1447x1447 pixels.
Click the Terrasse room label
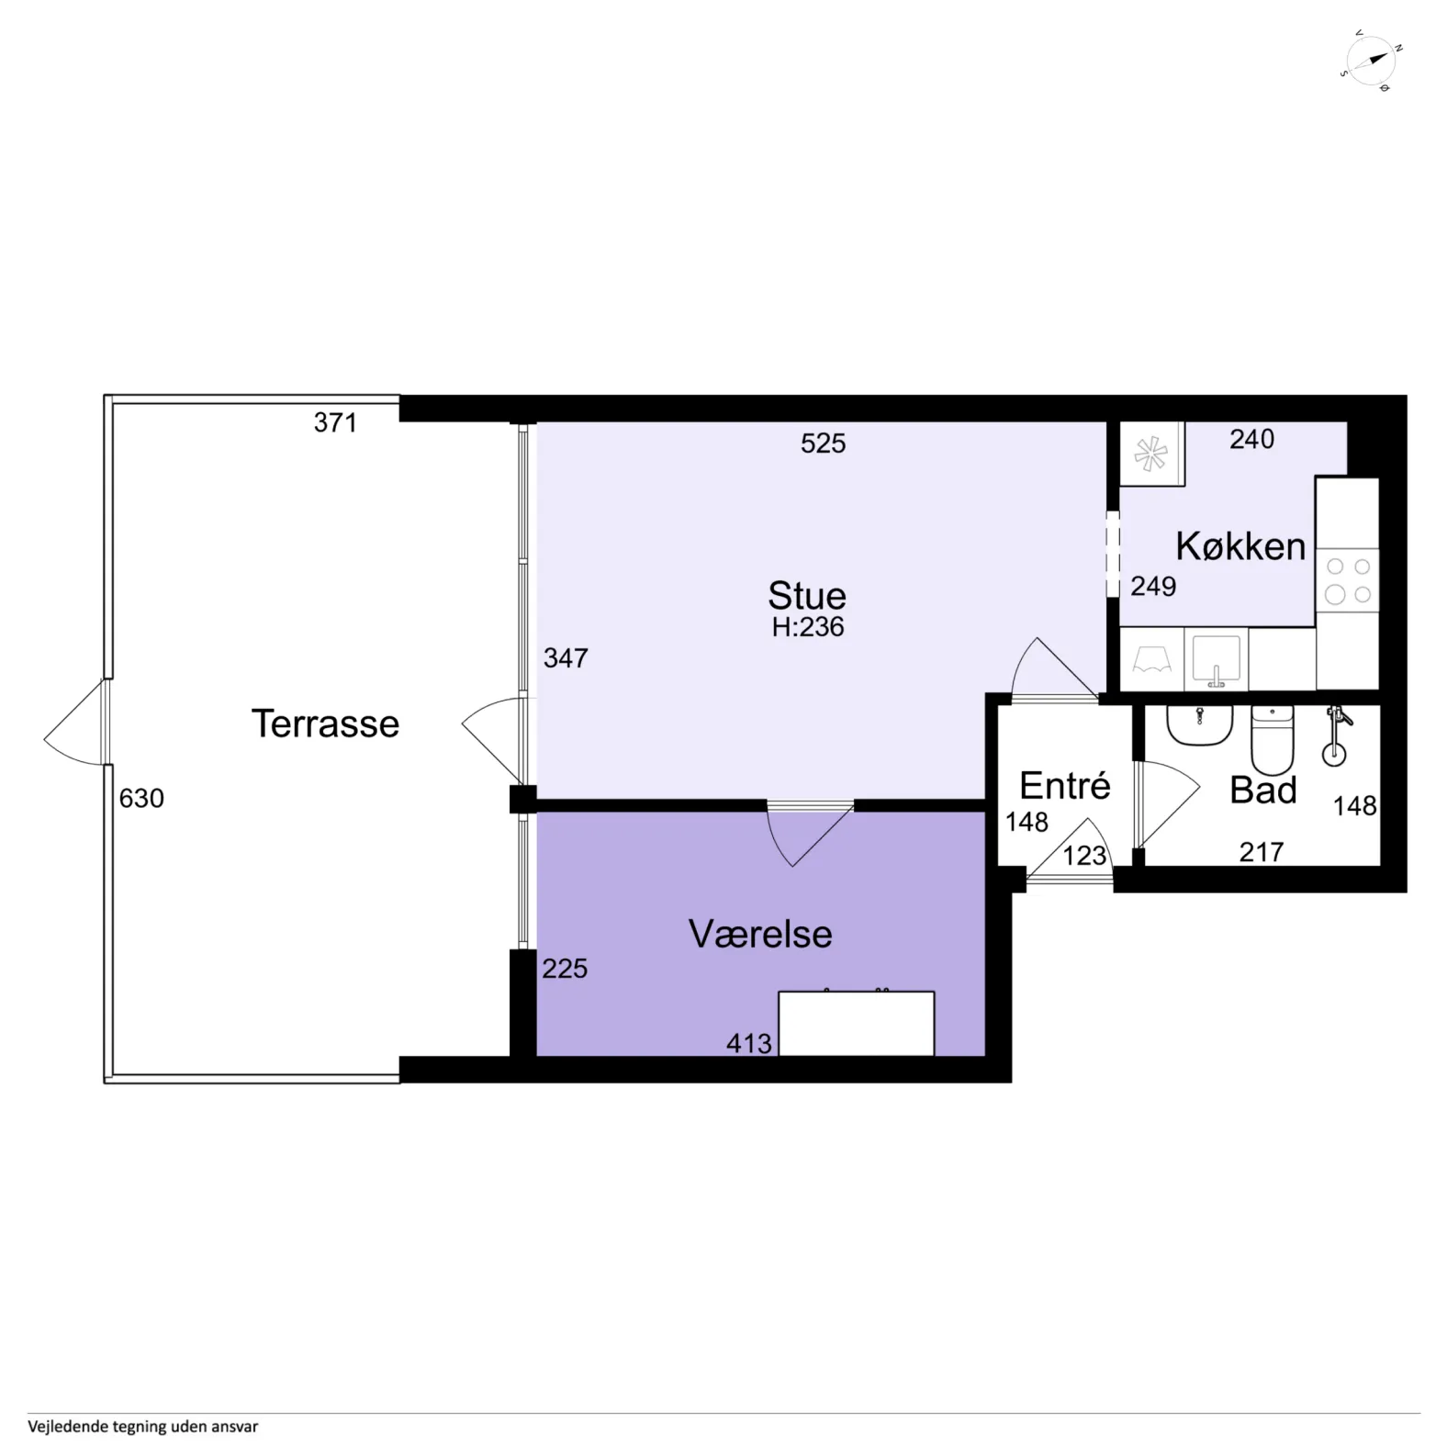[325, 723]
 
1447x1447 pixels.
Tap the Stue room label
[807, 596]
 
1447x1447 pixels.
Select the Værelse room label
[760, 934]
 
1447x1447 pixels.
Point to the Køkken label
[1240, 546]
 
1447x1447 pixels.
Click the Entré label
[1065, 785]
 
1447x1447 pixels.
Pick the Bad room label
[1263, 790]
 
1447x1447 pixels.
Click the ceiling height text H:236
[808, 627]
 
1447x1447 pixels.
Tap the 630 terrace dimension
[141, 798]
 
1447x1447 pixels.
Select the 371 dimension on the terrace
[335, 422]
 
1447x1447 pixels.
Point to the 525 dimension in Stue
[823, 443]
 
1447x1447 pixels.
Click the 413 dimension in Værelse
[749, 1043]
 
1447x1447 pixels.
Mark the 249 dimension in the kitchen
[1153, 586]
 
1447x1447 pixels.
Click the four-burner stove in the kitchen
[1348, 580]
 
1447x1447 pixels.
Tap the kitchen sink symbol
[1217, 659]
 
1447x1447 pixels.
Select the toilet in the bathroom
[1273, 740]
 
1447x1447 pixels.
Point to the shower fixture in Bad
[1336, 735]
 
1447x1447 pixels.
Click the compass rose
[1371, 61]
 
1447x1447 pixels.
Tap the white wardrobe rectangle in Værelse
[857, 1023]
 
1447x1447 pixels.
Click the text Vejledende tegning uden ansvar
[143, 1426]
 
